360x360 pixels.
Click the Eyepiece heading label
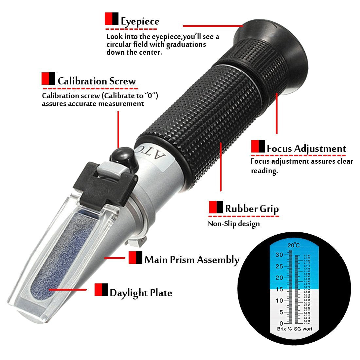[x=140, y=22]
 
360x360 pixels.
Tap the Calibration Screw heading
[x=97, y=81]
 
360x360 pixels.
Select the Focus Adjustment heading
[x=306, y=149]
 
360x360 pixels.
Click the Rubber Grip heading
[x=252, y=209]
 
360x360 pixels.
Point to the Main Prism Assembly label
[x=192, y=260]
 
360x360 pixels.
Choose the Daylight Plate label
[x=141, y=293]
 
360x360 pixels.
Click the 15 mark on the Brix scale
[x=279, y=289]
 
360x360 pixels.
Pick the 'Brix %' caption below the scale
[x=284, y=329]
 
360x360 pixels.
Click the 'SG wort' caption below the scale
[x=303, y=329]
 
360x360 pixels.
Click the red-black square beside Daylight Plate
[x=101, y=290]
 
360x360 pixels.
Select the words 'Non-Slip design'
[x=234, y=224]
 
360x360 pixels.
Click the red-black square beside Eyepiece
[x=111, y=19]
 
